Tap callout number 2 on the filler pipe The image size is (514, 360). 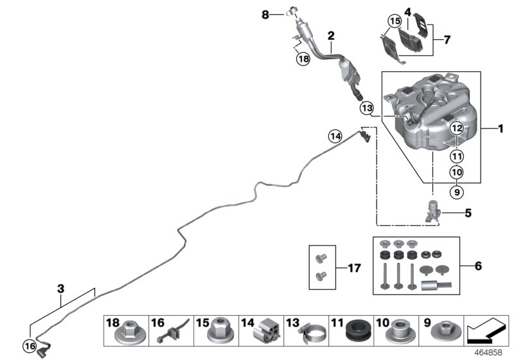pyautogui.click(x=331, y=36)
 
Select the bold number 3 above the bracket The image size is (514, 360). pyautogui.click(x=61, y=289)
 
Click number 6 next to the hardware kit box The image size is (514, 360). pyautogui.click(x=477, y=265)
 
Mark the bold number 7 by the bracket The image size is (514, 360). pyautogui.click(x=447, y=39)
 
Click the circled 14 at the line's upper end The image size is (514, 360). pyautogui.click(x=335, y=136)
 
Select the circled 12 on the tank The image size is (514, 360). pyautogui.click(x=456, y=128)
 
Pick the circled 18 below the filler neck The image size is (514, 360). pyautogui.click(x=303, y=59)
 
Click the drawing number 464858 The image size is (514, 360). pyautogui.click(x=488, y=353)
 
